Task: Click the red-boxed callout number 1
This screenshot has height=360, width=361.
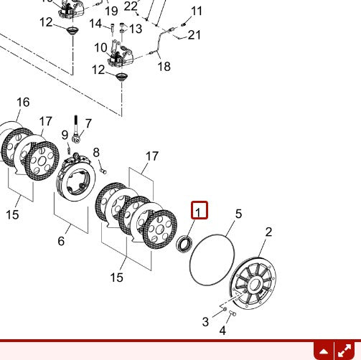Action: pos(199,211)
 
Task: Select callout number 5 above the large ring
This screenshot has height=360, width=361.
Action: pos(238,214)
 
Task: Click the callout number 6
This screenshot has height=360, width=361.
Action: pos(62,241)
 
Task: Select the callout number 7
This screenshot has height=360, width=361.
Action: pos(88,123)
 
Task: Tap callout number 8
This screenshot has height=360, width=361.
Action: pos(96,152)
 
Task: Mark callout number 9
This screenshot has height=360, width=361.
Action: pos(65,134)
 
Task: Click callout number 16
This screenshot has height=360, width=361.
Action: pos(23,102)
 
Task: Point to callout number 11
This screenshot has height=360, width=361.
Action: pos(197,11)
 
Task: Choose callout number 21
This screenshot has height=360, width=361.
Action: pos(194,35)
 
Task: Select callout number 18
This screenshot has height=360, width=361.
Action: pos(164,67)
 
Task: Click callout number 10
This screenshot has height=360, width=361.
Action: pos(101,47)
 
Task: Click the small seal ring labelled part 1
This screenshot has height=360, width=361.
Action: pos(184,243)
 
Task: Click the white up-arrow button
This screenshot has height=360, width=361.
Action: pos(324,351)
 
